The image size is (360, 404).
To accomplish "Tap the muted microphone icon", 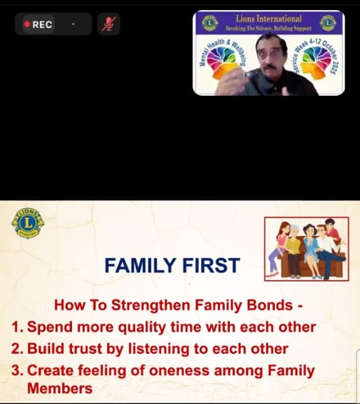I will (108, 24).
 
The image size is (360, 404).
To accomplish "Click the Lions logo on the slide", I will (28, 223).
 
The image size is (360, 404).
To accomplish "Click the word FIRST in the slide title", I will (210, 266).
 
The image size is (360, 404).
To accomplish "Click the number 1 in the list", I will (17, 327).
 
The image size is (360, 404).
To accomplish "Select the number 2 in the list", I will (17, 348).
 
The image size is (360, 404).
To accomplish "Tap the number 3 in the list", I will (17, 370).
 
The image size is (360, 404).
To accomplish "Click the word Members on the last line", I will (59, 388).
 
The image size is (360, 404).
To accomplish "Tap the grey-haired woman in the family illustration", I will (293, 245).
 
